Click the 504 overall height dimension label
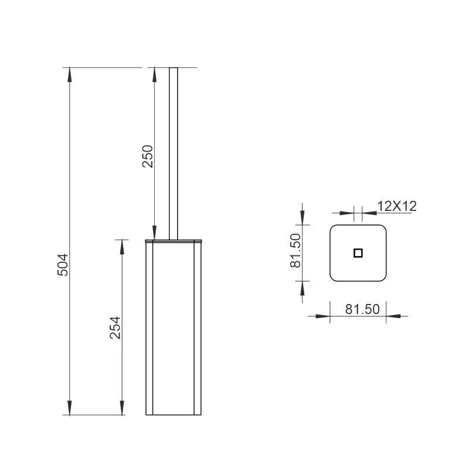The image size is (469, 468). pyautogui.click(x=63, y=265)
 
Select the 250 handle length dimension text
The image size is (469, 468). pyautogui.click(x=148, y=156)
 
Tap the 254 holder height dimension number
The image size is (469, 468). pyautogui.click(x=115, y=327)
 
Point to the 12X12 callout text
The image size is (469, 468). pyautogui.click(x=397, y=206)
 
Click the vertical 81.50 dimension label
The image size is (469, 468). pyautogui.click(x=295, y=251)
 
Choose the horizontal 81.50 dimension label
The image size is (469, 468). pyautogui.click(x=362, y=309)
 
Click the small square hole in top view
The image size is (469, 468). pyautogui.click(x=358, y=253)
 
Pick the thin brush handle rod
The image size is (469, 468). pyautogui.click(x=174, y=153)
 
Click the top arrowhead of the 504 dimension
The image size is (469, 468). pyautogui.click(x=70, y=74)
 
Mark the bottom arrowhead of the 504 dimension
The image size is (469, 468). pyautogui.click(x=70, y=408)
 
